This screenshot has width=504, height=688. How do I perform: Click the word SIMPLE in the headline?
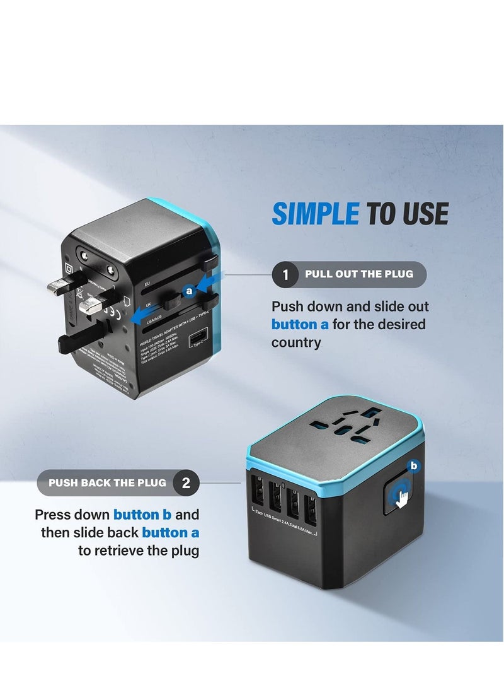point(315,214)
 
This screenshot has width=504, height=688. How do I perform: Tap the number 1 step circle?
point(285,275)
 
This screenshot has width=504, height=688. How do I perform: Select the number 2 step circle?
point(186,484)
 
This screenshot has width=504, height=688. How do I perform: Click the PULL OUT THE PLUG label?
point(359,274)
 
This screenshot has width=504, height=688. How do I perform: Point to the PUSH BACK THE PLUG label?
point(107,483)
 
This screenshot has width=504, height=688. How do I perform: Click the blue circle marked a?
point(188,291)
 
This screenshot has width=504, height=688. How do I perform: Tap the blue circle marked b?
point(414,467)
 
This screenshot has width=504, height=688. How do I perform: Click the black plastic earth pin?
point(82,341)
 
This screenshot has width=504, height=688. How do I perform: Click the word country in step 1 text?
point(296,343)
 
